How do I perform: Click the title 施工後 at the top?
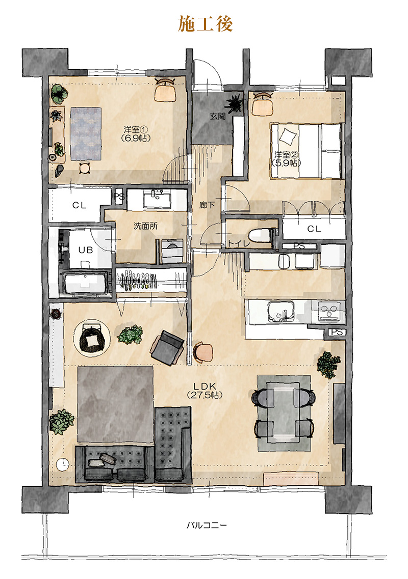tap(206, 23)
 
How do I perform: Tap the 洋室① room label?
tap(136, 130)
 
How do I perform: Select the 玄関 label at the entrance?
tap(217, 116)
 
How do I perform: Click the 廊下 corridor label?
tap(207, 205)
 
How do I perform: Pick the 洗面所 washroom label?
tap(145, 226)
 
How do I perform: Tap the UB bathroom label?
tap(86, 250)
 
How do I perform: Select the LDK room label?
tap(205, 387)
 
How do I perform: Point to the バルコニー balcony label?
tap(207, 525)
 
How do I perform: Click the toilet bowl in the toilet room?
tap(260, 235)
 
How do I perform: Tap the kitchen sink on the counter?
tap(281, 312)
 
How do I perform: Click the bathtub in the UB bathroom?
tap(86, 283)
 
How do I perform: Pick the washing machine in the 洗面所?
tap(172, 251)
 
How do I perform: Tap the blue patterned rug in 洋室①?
tap(86, 133)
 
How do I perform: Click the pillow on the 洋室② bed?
tap(288, 136)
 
